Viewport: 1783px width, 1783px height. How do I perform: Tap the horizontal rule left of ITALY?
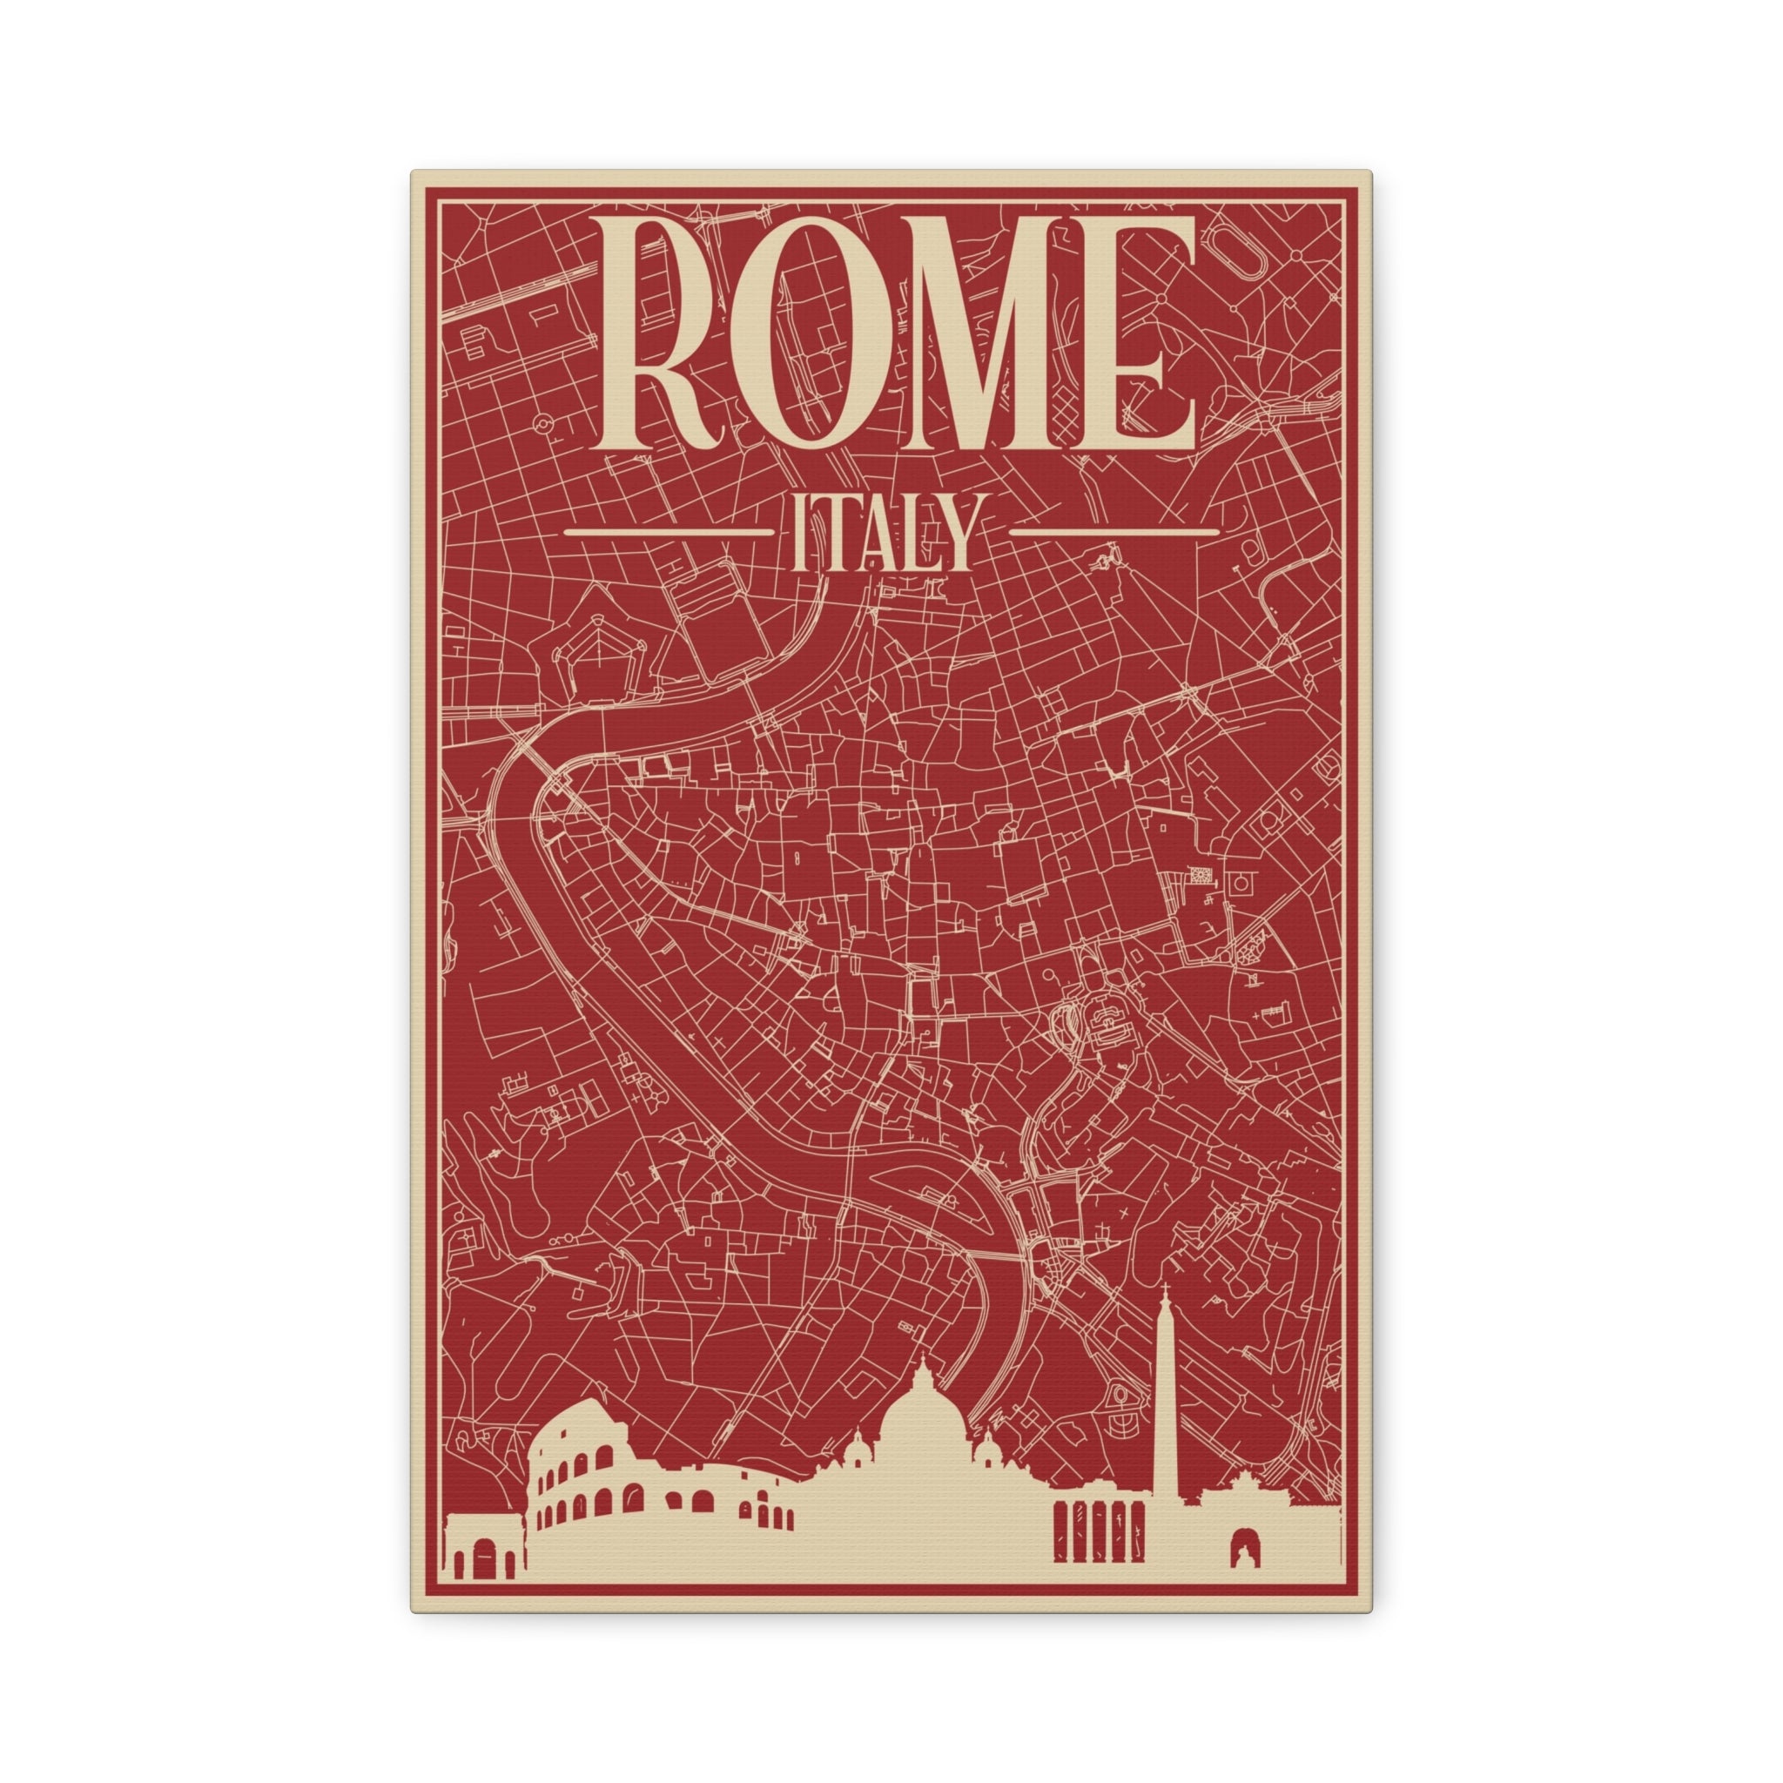[667, 533]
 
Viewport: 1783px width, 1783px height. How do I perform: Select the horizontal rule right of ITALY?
[1115, 533]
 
